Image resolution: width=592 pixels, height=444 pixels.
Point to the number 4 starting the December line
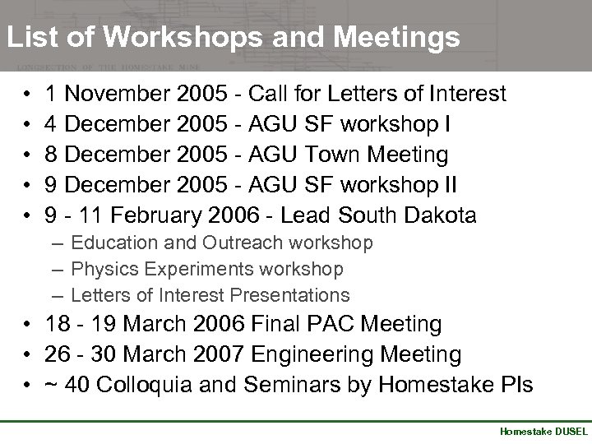(x=52, y=125)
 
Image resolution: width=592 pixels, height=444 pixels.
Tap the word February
(x=157, y=215)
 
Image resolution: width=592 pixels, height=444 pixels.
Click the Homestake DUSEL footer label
(x=543, y=432)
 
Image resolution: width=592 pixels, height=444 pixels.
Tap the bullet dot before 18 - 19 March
(x=28, y=326)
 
